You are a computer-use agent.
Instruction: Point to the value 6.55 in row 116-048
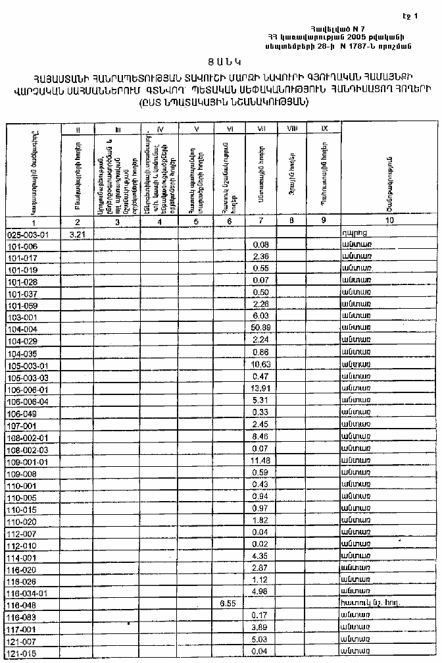(227, 603)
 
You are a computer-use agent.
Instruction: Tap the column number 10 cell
(390, 222)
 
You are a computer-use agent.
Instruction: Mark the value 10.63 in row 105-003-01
(261, 365)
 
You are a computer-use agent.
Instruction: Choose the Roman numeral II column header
(77, 129)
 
